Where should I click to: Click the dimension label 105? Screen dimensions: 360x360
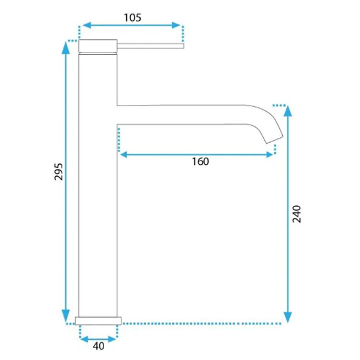(132, 18)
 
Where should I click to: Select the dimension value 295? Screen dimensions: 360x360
(58, 172)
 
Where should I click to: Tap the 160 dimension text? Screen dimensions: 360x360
(200, 162)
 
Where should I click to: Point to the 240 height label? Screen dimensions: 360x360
(296, 214)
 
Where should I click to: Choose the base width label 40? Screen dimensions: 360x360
(98, 346)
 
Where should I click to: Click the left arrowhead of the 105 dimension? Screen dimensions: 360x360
(87, 25)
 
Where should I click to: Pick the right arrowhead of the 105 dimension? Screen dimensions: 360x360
(176, 25)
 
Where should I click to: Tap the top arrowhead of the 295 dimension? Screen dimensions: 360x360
(66, 47)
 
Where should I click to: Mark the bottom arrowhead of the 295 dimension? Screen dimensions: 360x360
(66, 316)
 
